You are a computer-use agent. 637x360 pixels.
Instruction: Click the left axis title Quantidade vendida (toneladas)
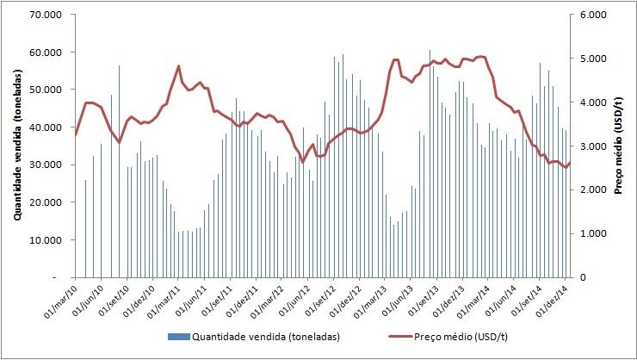click(16, 146)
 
